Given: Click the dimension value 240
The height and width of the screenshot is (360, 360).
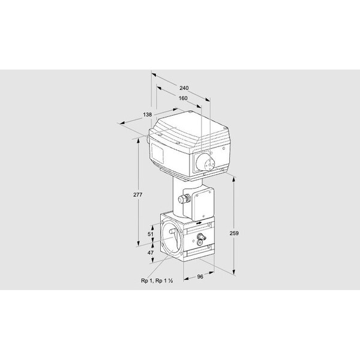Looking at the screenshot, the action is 184,88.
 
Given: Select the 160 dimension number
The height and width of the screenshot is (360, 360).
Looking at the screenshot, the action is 183,98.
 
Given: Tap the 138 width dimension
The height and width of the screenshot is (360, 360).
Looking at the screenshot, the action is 148,115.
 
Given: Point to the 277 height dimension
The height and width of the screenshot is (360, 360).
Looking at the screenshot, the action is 138,194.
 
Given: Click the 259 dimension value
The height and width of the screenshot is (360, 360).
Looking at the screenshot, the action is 234,233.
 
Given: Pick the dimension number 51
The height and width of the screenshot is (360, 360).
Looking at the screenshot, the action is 151,234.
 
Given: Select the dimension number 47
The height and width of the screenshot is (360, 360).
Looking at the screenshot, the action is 151,253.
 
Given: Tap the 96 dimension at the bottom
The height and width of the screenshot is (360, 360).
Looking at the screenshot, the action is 200,277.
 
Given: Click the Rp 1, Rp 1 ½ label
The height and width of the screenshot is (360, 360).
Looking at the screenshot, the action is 157,281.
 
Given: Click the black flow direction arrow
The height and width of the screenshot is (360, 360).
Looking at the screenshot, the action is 199,223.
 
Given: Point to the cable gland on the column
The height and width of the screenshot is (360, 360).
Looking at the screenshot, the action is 184,198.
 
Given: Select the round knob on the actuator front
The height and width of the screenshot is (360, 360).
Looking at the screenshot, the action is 205,162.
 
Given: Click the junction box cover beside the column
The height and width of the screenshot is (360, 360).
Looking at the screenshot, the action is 203,203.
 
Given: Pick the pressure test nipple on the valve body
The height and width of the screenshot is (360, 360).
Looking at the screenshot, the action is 202,236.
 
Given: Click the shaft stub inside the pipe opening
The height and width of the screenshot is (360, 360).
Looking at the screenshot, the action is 173,232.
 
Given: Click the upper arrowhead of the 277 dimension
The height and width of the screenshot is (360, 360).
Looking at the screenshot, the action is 138,142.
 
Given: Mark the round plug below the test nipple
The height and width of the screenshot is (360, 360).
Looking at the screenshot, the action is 200,242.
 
